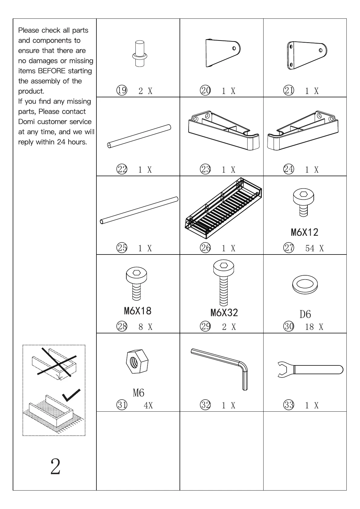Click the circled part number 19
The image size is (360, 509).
tap(122, 90)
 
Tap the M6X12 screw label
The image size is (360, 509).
tap(304, 232)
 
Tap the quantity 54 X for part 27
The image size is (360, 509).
tap(314, 248)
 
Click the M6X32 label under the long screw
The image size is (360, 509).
tap(224, 313)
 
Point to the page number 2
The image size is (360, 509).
tap(55, 467)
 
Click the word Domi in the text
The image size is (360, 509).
tap(27, 122)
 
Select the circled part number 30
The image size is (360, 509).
tap(289, 326)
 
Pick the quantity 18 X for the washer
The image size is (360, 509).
tap(314, 327)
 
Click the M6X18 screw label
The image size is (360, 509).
tap(138, 311)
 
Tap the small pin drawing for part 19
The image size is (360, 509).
tap(140, 53)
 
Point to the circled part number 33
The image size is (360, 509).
tap(289, 405)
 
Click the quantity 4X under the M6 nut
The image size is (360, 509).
tap(148, 405)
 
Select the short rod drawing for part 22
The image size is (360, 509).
tap(139, 136)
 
